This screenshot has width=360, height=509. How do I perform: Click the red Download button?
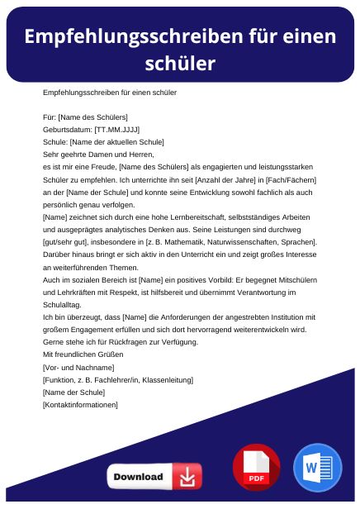tap(154, 477)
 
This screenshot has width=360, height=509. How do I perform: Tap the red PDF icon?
tap(257, 467)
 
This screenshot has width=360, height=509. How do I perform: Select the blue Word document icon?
tap(317, 467)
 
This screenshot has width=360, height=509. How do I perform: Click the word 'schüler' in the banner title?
tap(179, 63)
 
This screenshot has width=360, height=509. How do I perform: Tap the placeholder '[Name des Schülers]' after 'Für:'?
tap(92, 117)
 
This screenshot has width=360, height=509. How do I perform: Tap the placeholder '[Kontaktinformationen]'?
tap(79, 405)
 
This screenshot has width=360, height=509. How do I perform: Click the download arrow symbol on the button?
tap(188, 477)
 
